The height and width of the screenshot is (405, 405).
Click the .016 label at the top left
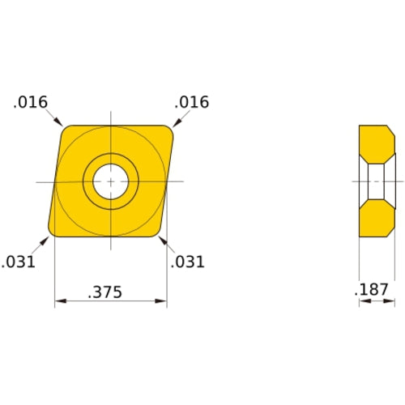[31, 102]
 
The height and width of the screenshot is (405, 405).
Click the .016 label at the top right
[192, 102]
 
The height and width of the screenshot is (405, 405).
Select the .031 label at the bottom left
[18, 262]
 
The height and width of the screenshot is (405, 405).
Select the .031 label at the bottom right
[188, 262]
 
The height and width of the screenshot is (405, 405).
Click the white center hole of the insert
[110, 181]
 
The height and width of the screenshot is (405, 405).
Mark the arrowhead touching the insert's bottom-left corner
[46, 239]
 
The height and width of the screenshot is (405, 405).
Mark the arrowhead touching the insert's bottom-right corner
[162, 240]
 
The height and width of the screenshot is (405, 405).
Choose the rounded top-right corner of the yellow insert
[168, 130]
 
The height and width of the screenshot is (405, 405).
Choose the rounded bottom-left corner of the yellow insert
[53, 232]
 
